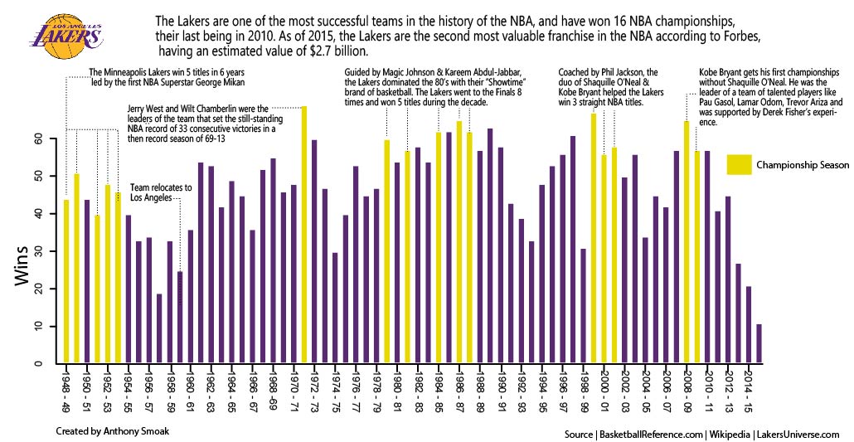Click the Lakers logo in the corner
tap(66, 31)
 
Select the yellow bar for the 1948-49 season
tap(66, 281)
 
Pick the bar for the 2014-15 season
tap(749, 324)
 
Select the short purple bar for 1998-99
tap(583, 305)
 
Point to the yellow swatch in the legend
tap(739, 164)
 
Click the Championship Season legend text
tap(802, 165)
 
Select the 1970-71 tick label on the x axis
tap(294, 390)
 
